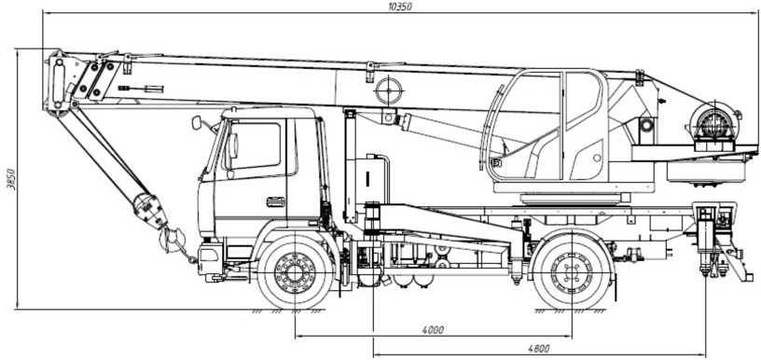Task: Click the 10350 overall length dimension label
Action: (x=396, y=7)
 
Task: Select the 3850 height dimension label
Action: (x=10, y=179)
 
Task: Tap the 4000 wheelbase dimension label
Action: (x=433, y=330)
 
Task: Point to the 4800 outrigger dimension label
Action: (x=539, y=349)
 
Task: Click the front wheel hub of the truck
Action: (x=295, y=273)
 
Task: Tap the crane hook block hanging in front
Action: (x=150, y=210)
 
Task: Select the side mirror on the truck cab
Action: (x=197, y=123)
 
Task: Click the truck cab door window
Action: (x=254, y=145)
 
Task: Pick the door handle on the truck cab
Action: (x=276, y=201)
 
